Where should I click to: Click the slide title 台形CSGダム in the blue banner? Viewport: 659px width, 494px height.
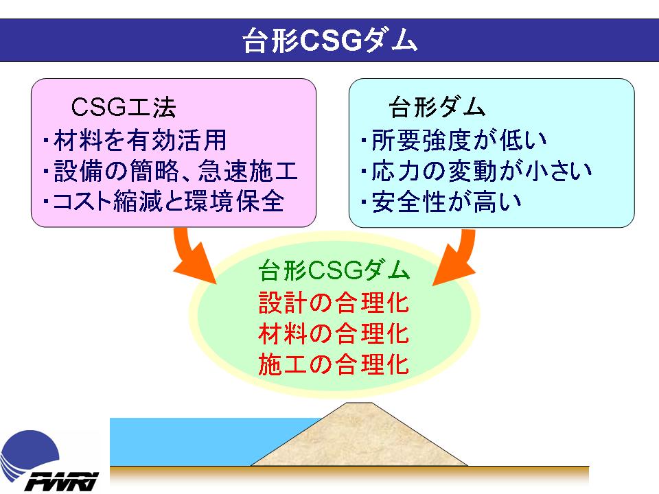[330, 40]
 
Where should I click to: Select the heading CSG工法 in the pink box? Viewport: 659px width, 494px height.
[123, 107]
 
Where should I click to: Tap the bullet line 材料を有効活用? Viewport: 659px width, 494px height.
[135, 140]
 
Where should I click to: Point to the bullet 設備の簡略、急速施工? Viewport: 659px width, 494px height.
[171, 171]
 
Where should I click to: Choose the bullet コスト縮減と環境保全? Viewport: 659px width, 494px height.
[164, 202]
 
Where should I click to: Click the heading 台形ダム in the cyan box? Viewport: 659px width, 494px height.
[437, 107]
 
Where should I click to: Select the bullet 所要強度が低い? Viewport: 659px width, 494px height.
[454, 140]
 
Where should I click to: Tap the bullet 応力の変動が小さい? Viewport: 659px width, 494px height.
[476, 171]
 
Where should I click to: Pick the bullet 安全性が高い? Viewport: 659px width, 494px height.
[441, 202]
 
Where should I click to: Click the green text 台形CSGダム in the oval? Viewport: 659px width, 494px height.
[334, 270]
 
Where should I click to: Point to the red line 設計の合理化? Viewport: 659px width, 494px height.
[334, 303]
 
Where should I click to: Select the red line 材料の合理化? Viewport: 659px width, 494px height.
[334, 333]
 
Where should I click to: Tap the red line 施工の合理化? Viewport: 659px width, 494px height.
[334, 364]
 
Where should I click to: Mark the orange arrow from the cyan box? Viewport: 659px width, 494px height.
[461, 256]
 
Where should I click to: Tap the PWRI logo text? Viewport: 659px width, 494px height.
[61, 482]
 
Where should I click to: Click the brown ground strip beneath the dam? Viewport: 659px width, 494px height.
[349, 476]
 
